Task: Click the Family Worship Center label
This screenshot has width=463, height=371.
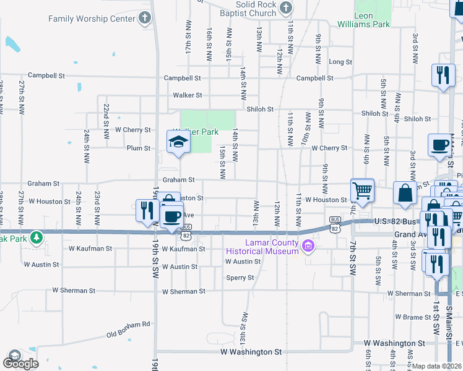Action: coord(92,19)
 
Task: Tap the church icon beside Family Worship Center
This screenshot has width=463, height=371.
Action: coord(145,18)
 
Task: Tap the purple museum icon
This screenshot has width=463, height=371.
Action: coord(308,247)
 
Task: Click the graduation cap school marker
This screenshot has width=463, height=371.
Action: coord(178,142)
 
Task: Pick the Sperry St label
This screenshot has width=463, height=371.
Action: coord(240,278)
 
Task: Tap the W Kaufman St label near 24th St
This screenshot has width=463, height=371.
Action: coord(90,249)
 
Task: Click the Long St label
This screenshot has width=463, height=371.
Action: coord(340,62)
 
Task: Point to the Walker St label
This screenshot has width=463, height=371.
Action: coord(188,95)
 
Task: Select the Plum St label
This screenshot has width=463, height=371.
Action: coord(139,148)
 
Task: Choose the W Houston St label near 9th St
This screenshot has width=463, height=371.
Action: coord(326,200)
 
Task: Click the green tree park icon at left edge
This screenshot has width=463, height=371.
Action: coord(37,237)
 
